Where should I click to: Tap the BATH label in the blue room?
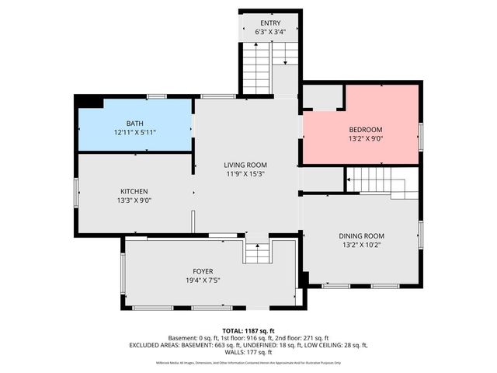point(135,124)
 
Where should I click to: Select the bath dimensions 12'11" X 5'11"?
point(135,133)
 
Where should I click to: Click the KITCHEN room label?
point(134,191)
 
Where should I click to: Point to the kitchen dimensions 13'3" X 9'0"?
point(134,200)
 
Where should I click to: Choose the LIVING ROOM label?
point(245,165)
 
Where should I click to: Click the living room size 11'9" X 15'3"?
point(245,174)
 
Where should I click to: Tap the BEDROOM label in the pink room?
point(365,130)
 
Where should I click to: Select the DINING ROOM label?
point(361,235)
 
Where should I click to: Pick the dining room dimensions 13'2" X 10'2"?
point(361,245)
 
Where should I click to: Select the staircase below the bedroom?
point(376,182)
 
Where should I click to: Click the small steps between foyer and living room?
point(256,252)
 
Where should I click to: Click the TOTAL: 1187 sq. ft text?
point(248,331)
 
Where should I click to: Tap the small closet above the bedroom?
point(321,97)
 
